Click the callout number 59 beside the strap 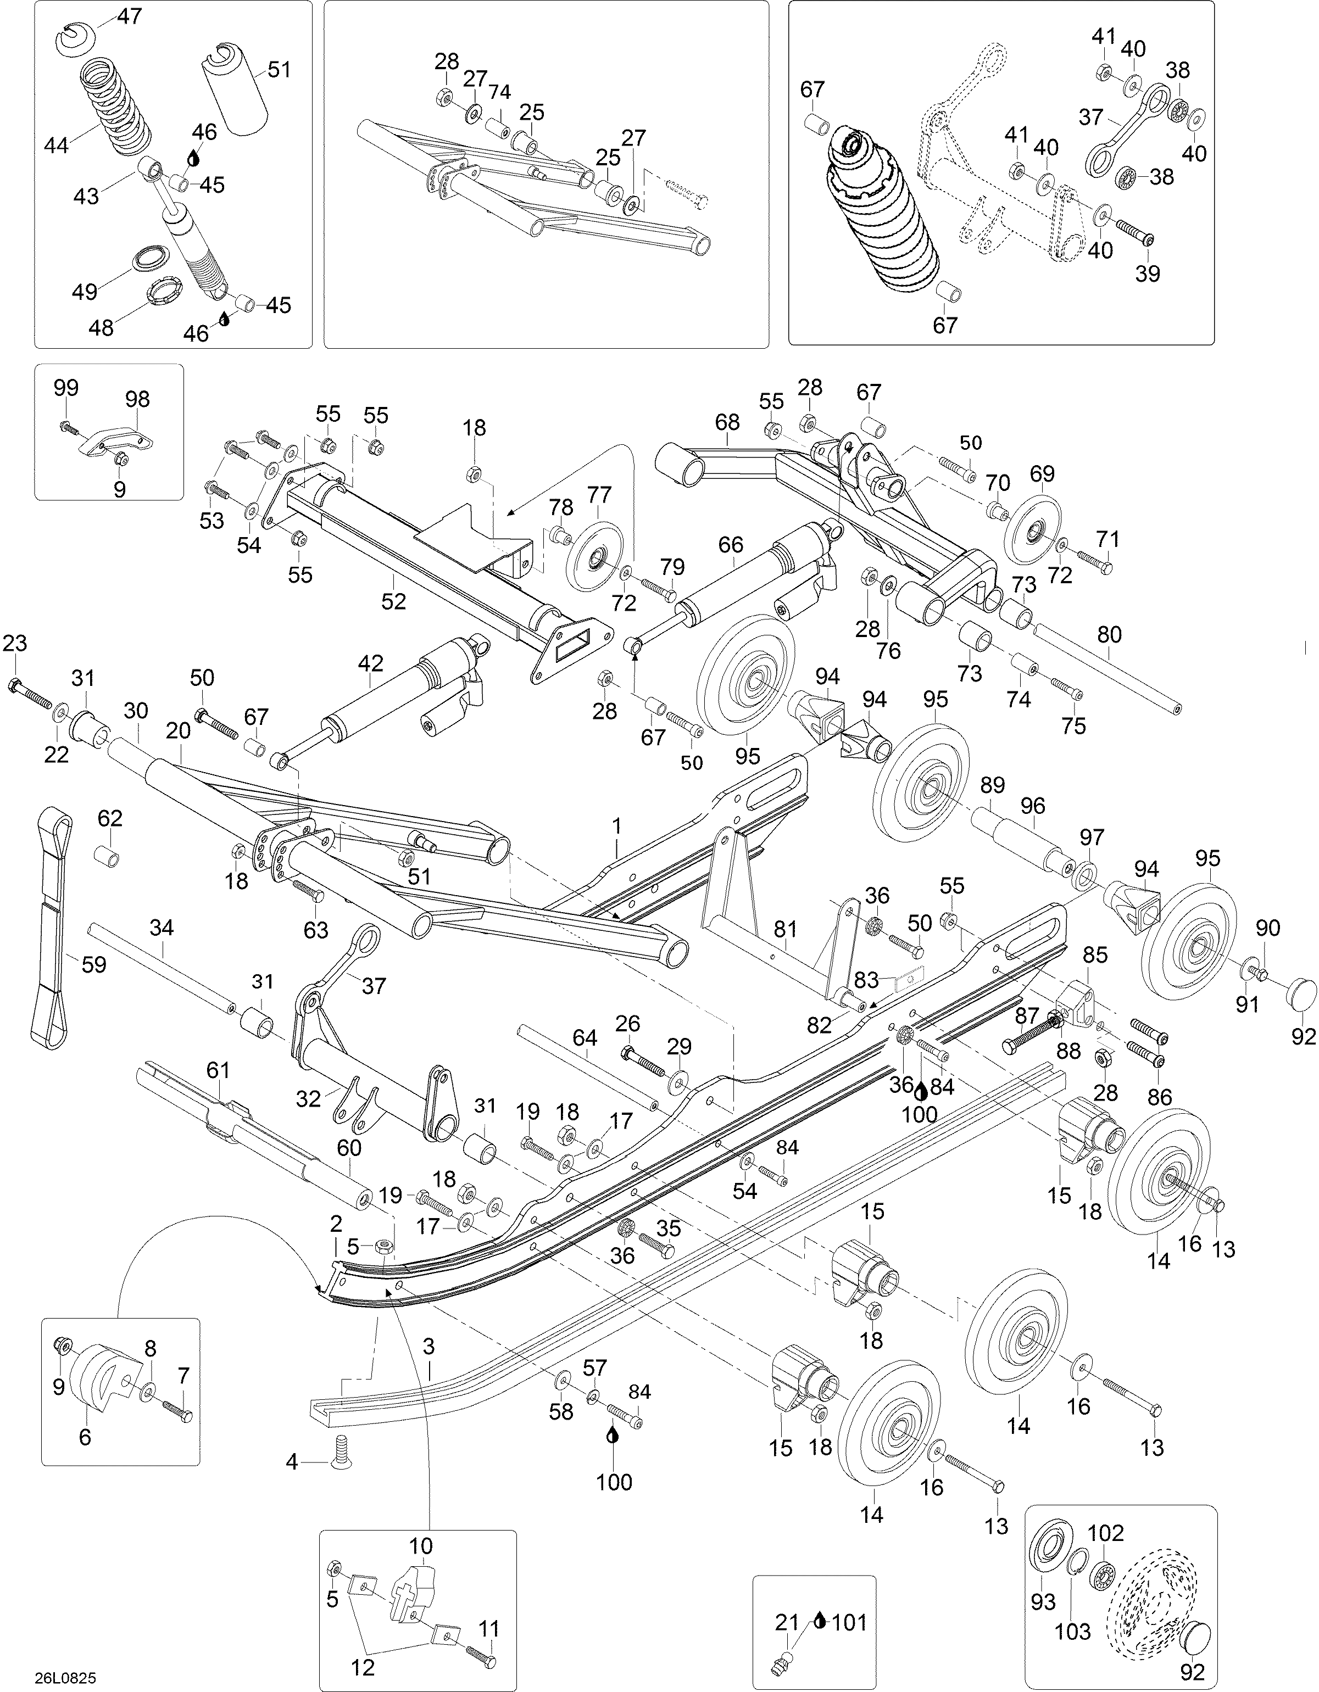pyautogui.click(x=94, y=965)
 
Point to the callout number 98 pyautogui.click(x=137, y=399)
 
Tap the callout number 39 pyautogui.click(x=1148, y=273)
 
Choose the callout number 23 pyautogui.click(x=15, y=643)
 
